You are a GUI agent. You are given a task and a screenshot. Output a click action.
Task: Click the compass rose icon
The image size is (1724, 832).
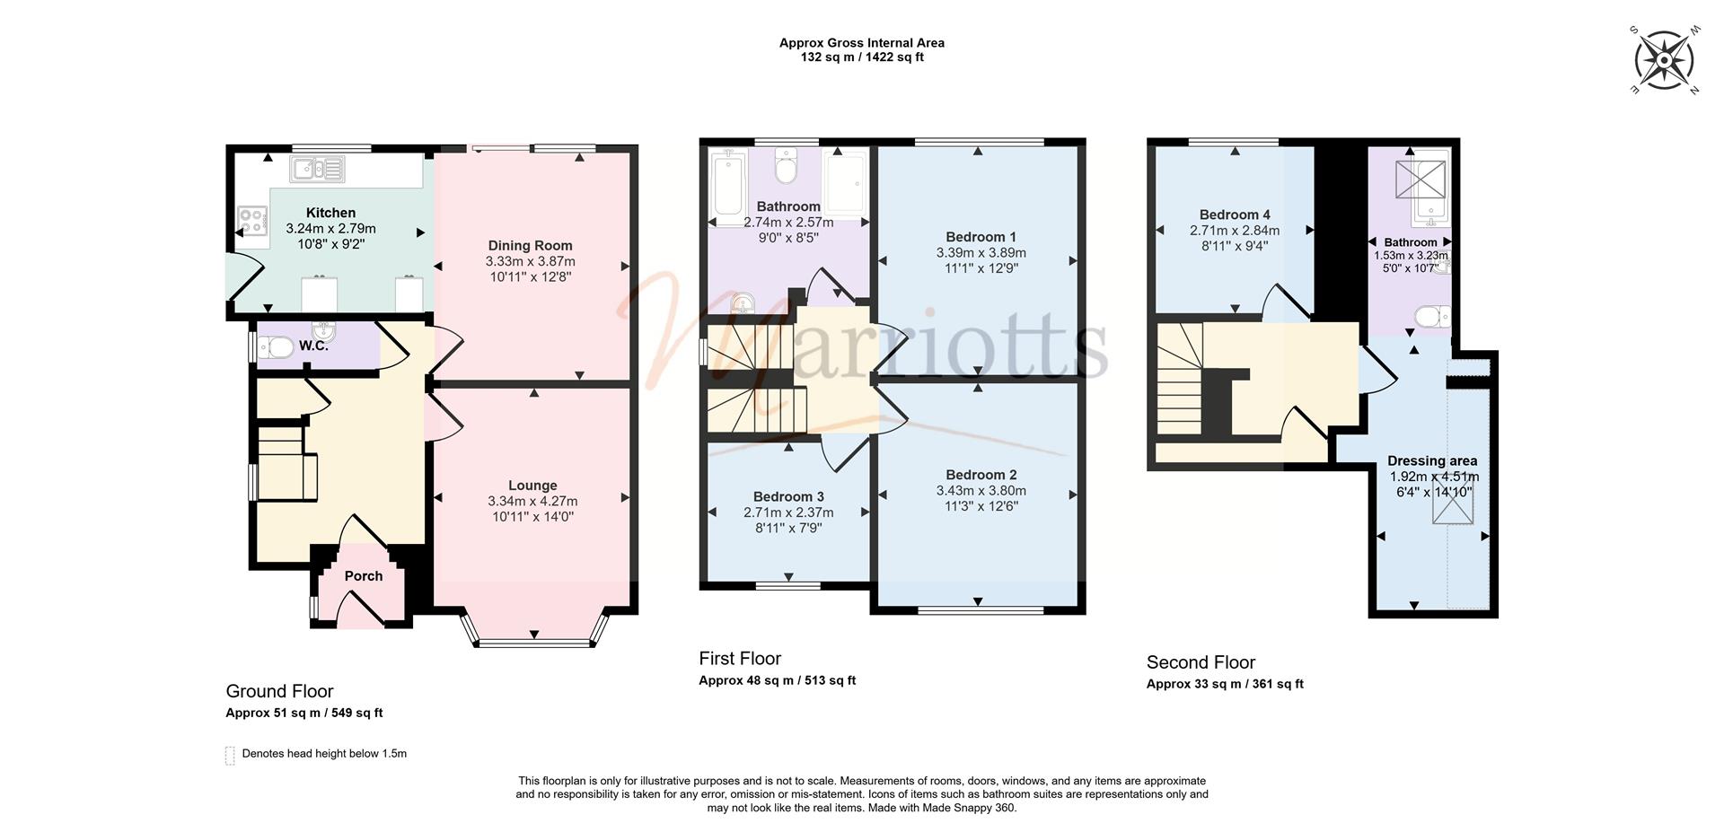click(x=1664, y=60)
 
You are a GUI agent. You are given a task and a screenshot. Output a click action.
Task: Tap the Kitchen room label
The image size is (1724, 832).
click(x=330, y=213)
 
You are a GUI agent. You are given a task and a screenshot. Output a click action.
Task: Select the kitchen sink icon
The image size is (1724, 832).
click(x=316, y=168)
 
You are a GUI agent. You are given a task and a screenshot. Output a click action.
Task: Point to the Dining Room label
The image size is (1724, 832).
click(x=530, y=245)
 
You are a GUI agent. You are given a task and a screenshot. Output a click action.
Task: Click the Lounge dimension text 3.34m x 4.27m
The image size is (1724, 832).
click(x=532, y=501)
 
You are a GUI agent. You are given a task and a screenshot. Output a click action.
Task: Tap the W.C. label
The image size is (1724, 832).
click(x=313, y=346)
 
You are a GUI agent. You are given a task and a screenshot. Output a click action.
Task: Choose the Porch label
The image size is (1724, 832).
click(x=364, y=576)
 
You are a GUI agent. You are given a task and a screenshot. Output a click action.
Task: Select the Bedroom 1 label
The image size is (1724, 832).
click(x=981, y=237)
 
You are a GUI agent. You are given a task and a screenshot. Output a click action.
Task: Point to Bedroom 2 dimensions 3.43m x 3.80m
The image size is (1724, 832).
click(x=981, y=491)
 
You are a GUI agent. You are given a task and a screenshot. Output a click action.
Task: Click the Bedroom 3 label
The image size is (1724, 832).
click(x=788, y=496)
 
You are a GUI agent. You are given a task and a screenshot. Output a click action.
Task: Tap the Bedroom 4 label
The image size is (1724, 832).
click(x=1235, y=215)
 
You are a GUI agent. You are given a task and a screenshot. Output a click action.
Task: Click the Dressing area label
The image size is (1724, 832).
click(x=1432, y=461)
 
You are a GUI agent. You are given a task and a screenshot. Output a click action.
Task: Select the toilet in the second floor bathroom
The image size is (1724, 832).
click(x=1432, y=317)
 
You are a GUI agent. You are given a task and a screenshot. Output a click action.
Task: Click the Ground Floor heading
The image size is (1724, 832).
click(x=279, y=691)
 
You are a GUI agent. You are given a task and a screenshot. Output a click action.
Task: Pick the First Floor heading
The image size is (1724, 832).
click(x=740, y=659)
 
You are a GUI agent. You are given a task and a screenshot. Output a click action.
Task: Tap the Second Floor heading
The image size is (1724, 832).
click(x=1201, y=662)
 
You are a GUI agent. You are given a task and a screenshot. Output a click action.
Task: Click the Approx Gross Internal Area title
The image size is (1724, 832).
click(x=862, y=42)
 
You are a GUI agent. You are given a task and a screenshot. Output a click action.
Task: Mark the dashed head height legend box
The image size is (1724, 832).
click(x=230, y=755)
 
